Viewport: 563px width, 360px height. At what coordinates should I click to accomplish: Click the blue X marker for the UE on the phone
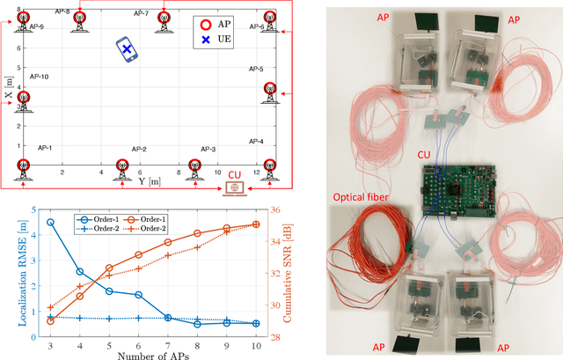tap(127, 51)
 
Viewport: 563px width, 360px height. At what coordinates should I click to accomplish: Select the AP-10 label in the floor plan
tap(39, 77)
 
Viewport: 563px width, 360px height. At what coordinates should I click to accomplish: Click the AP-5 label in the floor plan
tap(255, 69)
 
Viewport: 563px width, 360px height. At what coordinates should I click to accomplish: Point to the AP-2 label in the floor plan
tap(139, 150)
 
